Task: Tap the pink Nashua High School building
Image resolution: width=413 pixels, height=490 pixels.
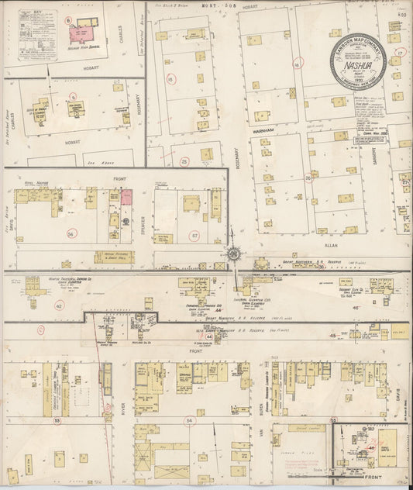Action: click(84, 32)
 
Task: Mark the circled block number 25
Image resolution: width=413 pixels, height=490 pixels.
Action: click(184, 161)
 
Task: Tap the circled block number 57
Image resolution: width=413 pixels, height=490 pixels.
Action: click(195, 234)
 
